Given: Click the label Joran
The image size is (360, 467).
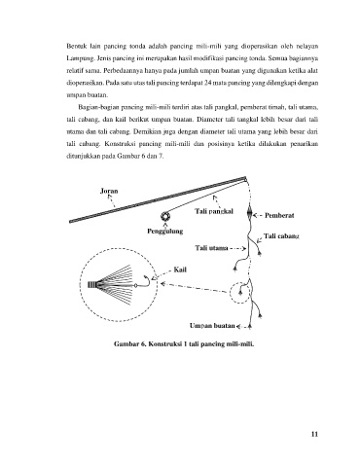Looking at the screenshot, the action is [x=109, y=191].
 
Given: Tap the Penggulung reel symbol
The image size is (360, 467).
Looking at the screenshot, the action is [x=165, y=216].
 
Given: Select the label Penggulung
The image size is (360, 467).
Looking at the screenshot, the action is [x=165, y=232].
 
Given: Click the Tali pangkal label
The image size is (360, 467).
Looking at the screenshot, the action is [x=214, y=211].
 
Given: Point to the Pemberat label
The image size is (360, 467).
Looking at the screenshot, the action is [x=279, y=215].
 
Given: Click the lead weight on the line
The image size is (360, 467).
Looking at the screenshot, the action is [x=250, y=212].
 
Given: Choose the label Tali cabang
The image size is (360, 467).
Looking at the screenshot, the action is [x=281, y=236].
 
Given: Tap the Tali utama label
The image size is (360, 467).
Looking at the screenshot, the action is [x=211, y=248].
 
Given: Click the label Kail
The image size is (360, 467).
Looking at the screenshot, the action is [x=180, y=269].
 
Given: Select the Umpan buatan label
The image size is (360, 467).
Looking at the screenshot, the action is [x=212, y=326].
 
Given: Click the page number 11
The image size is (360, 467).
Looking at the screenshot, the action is [x=314, y=434].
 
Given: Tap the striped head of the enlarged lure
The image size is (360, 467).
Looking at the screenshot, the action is [x=92, y=285].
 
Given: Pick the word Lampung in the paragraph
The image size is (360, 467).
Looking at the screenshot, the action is [x=76, y=58].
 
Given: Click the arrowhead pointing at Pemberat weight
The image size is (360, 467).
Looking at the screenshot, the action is [x=255, y=215].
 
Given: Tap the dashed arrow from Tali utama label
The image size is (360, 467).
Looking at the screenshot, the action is [x=237, y=249].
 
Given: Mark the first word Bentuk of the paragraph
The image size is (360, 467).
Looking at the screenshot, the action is [x=75, y=46].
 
